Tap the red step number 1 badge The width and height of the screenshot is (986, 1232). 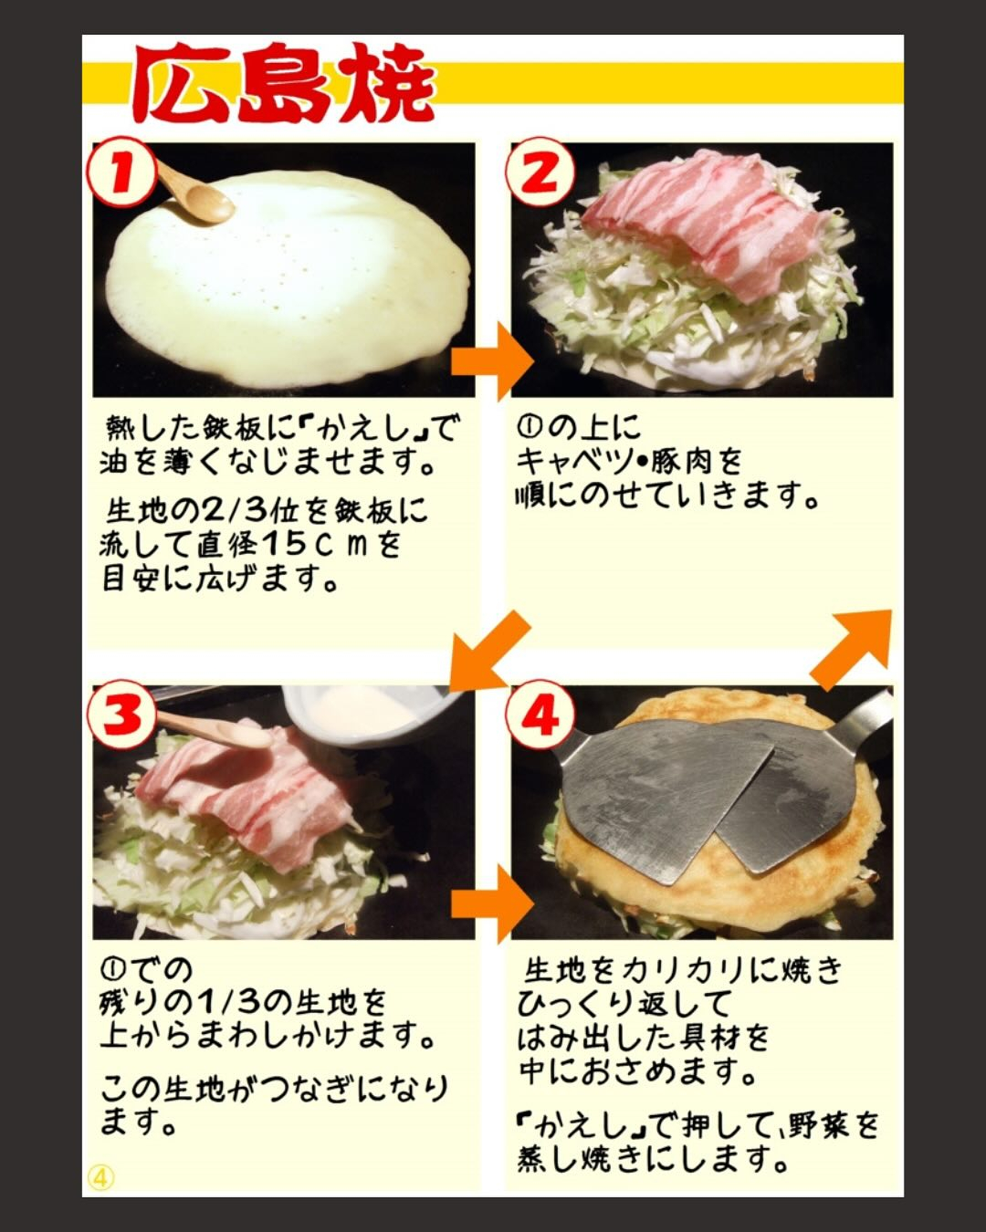coord(121,172)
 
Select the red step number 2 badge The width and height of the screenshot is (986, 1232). coord(540,172)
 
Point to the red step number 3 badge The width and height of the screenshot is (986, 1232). coord(121,715)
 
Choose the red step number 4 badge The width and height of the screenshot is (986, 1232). coord(540,715)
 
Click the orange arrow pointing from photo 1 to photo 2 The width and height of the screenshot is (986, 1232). coord(493,361)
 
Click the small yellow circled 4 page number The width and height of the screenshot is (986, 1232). coord(100,1177)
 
